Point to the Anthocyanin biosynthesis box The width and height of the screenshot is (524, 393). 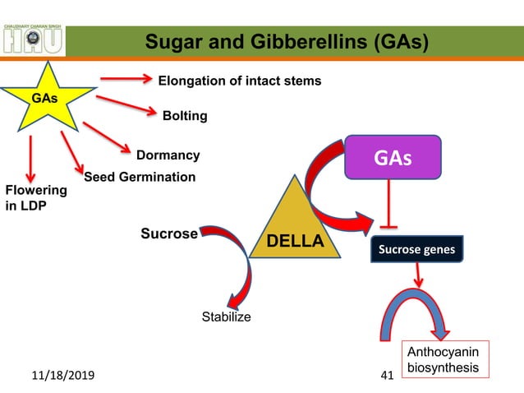(443, 360)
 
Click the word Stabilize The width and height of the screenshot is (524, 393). (227, 317)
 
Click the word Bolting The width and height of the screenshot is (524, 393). (185, 116)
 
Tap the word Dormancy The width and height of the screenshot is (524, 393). (168, 155)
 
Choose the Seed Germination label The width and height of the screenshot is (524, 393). (140, 177)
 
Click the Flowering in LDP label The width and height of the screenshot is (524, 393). (35, 198)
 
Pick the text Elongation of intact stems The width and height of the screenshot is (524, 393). (239, 81)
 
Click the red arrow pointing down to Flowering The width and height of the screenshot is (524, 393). (31, 160)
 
